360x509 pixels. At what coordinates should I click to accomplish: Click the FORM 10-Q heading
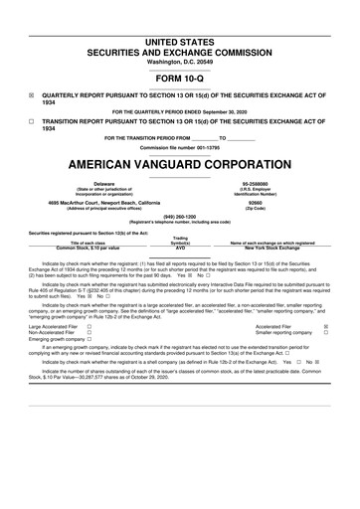(179, 78)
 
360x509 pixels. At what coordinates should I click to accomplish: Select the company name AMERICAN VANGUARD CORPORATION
(179, 162)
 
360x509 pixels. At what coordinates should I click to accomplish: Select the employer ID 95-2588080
(263, 184)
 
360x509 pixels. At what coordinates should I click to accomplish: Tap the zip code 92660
(263, 202)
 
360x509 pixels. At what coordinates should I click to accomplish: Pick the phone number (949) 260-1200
(179, 217)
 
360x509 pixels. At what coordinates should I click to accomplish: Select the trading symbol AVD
(180, 248)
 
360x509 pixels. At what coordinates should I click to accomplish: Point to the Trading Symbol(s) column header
(180, 241)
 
